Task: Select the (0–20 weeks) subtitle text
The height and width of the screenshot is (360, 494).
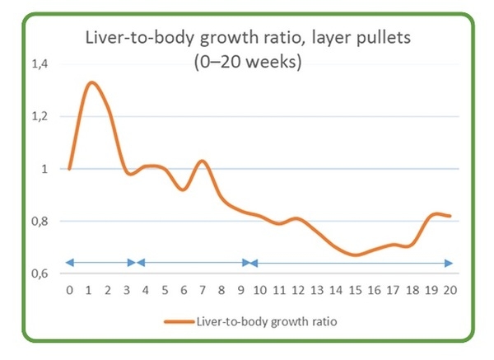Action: point(247,62)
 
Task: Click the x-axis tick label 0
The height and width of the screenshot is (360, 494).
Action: point(70,290)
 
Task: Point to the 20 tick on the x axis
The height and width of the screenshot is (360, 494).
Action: point(450,290)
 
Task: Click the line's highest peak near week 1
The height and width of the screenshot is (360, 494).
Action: point(91,82)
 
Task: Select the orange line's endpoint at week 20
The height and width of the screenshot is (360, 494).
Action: point(450,216)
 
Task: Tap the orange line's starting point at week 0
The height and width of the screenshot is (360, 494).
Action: point(70,169)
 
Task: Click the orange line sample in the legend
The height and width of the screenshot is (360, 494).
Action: point(178,322)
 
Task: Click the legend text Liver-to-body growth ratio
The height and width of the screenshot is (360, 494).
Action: point(262,322)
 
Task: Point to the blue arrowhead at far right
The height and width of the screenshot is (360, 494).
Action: point(448,263)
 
